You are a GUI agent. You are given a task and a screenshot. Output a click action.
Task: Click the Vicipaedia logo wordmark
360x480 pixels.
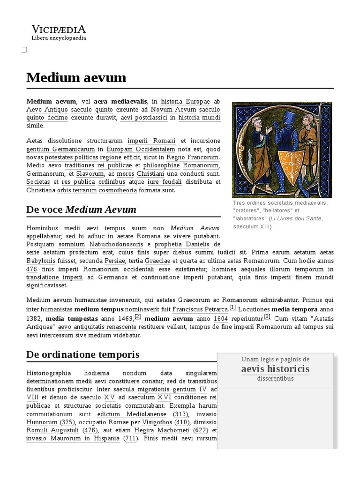[59, 29]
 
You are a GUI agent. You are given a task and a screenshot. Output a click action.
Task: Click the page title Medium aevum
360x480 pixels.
[76, 77]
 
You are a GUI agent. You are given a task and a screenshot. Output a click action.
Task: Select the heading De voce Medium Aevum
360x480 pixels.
[81, 209]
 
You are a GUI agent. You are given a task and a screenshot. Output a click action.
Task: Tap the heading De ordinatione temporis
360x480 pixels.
[82, 354]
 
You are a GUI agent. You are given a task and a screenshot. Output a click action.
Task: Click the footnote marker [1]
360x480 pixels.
[232, 307]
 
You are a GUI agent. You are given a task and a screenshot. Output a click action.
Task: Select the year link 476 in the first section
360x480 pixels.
[32, 269]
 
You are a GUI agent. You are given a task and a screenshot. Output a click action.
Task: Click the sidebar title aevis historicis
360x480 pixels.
[275, 369]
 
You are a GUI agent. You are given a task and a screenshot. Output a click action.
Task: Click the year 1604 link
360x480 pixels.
[221, 318]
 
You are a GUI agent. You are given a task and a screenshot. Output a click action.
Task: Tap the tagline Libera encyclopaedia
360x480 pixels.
[59, 38]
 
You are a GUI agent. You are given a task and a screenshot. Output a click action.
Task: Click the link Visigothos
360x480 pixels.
[158, 422]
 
